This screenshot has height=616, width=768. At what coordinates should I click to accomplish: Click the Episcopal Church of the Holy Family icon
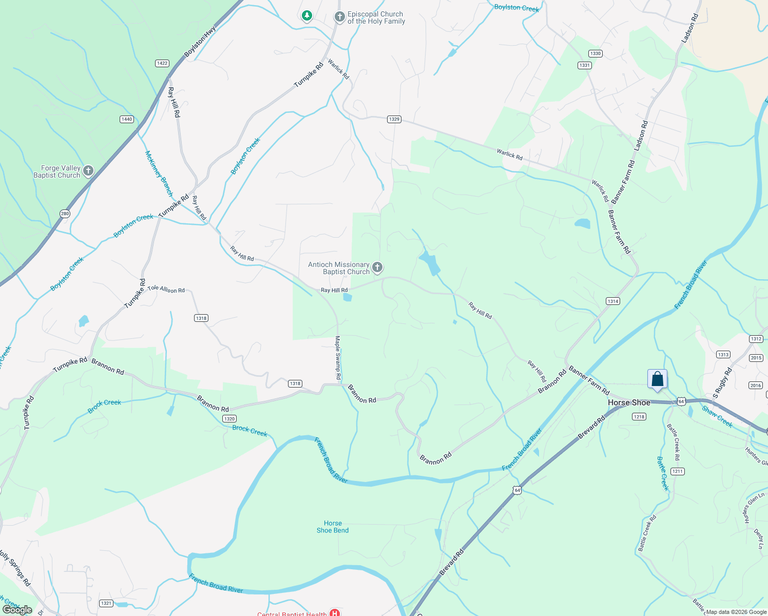click(x=339, y=17)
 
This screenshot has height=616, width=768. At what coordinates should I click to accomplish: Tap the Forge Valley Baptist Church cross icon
click(x=88, y=171)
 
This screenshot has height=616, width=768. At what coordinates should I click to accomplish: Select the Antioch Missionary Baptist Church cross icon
click(x=377, y=267)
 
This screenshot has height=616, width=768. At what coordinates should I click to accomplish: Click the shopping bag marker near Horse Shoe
click(x=657, y=380)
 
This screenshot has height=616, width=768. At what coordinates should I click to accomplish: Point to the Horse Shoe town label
click(x=629, y=402)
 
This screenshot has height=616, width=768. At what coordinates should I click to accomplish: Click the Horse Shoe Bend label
click(x=333, y=527)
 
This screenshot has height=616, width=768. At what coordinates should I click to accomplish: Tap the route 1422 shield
click(x=162, y=63)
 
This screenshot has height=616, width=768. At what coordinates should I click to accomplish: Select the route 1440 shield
click(x=127, y=119)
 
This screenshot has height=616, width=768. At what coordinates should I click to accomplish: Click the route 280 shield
click(x=65, y=214)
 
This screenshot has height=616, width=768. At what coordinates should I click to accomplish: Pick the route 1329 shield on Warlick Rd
click(x=394, y=119)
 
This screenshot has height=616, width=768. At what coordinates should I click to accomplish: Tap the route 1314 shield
click(x=612, y=301)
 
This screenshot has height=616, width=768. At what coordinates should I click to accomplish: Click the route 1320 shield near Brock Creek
click(x=229, y=419)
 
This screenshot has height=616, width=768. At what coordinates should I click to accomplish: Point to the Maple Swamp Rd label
click(x=338, y=358)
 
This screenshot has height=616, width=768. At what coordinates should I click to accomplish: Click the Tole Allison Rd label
click(x=166, y=289)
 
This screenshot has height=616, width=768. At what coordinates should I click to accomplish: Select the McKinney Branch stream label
click(x=159, y=174)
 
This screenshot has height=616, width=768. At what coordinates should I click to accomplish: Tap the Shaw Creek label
click(x=717, y=416)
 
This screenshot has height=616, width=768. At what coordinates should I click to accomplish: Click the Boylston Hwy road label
click(x=200, y=42)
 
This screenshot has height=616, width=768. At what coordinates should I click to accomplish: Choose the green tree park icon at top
click(x=307, y=16)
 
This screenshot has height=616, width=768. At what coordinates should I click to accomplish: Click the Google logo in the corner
click(x=17, y=610)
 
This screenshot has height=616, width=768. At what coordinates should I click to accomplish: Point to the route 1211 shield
click(x=677, y=471)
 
